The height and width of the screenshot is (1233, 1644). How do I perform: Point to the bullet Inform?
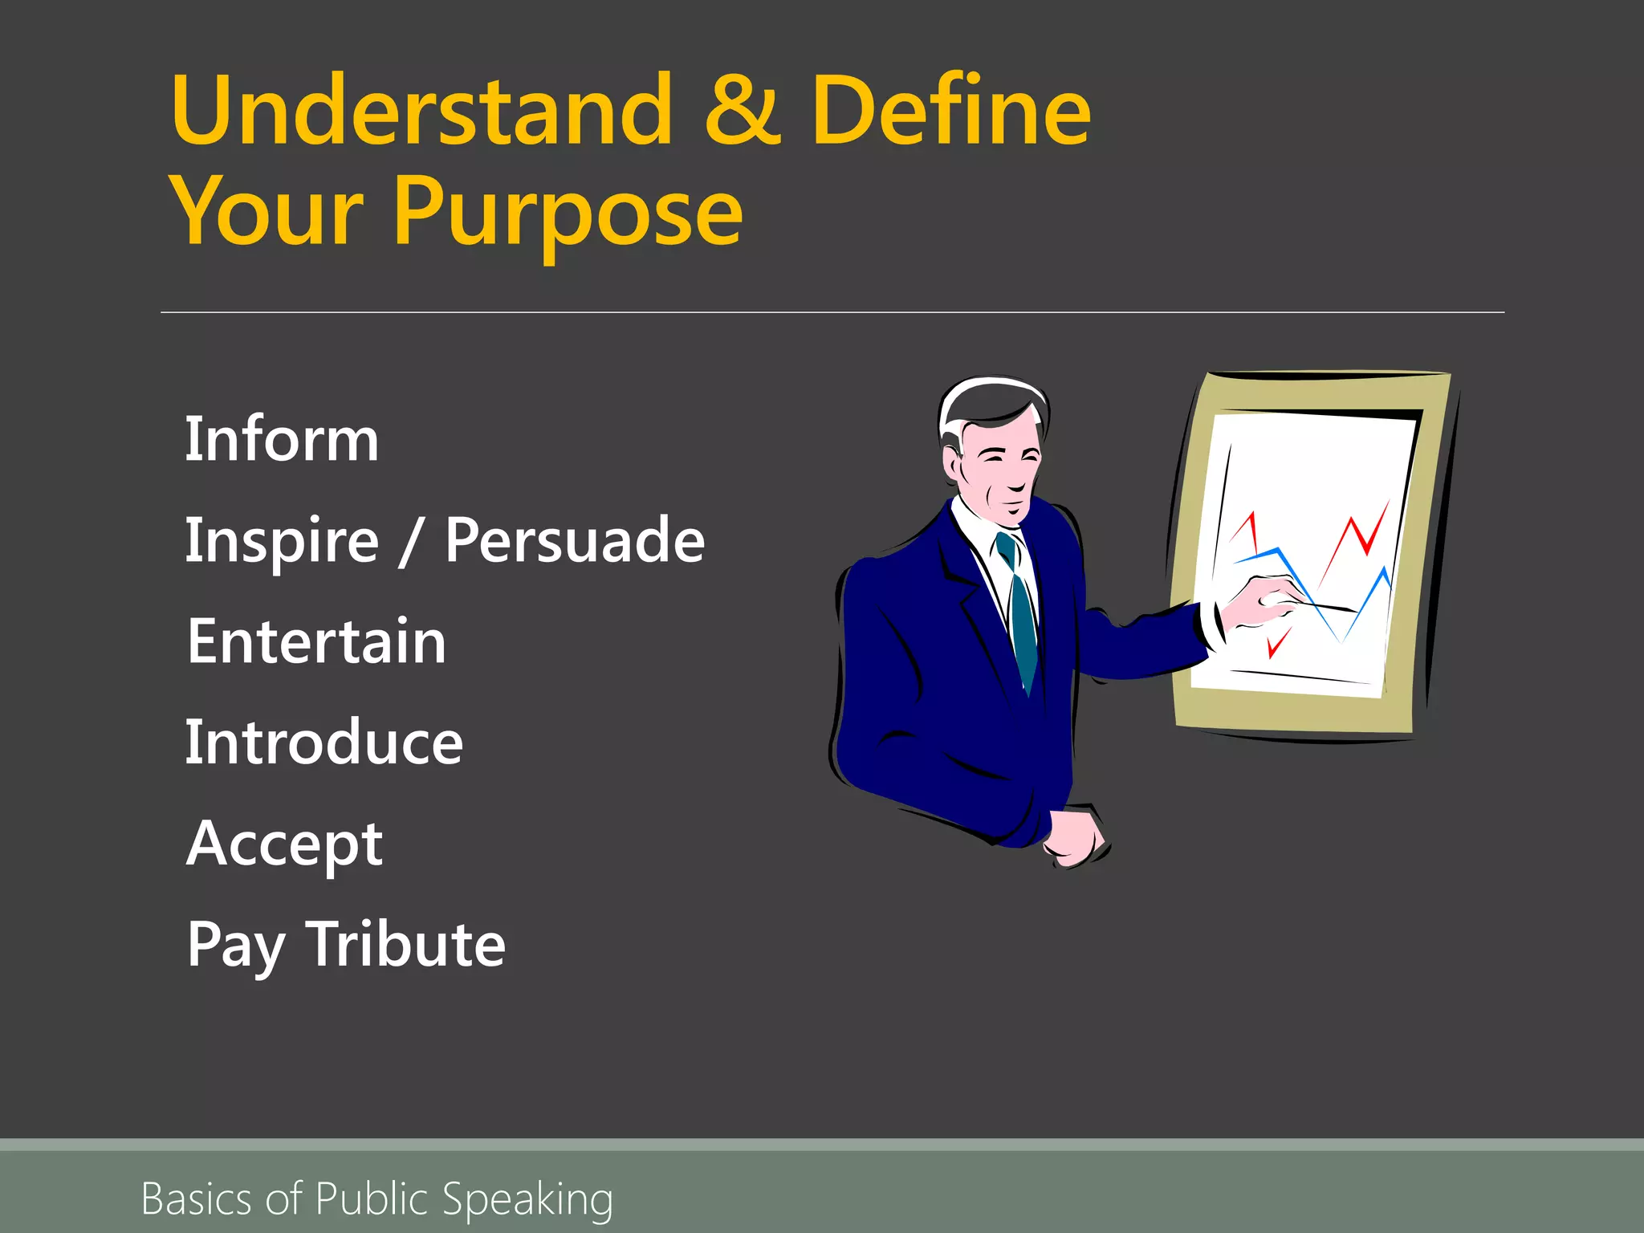(281, 439)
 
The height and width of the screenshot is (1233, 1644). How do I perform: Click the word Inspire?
(281, 540)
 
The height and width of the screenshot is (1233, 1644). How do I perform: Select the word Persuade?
(575, 540)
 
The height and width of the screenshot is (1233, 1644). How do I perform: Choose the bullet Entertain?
(315, 641)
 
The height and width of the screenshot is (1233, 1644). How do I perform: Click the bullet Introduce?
(324, 743)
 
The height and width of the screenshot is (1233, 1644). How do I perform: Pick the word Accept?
(284, 845)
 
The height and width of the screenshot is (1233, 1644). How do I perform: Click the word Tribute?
(405, 945)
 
